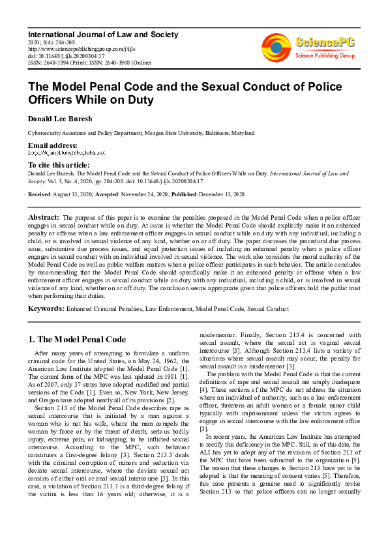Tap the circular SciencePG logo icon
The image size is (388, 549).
click(x=276, y=47)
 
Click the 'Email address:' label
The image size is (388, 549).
click(x=52, y=145)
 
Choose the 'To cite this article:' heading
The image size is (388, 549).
click(x=59, y=166)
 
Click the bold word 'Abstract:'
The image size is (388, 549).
click(x=43, y=216)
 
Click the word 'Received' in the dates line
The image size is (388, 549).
click(x=40, y=195)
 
